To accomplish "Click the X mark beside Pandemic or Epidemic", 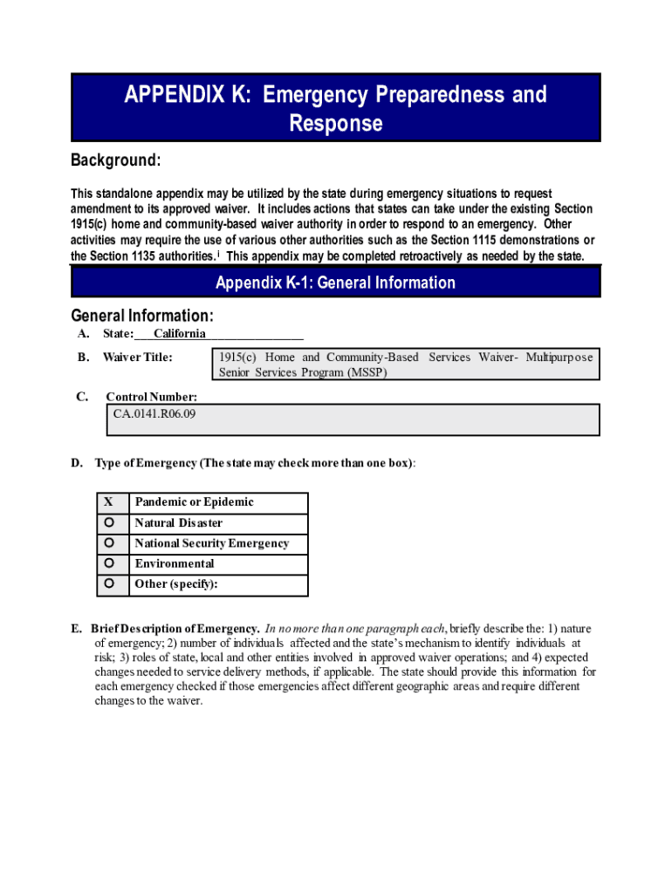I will (x=108, y=502).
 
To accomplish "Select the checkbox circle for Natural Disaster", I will (x=109, y=522).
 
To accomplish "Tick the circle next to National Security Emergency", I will (x=109, y=542).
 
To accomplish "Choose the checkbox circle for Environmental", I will (x=109, y=563).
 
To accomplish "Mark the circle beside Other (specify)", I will (x=109, y=583).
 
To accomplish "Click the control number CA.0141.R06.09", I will (x=154, y=413).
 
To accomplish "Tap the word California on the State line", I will (x=180, y=334).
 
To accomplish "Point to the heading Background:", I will (x=116, y=161).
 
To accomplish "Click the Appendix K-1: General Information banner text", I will (x=335, y=283).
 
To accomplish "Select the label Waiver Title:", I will (x=137, y=357).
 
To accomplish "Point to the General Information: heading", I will (x=141, y=316).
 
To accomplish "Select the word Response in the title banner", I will (x=335, y=124).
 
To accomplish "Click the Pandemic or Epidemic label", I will (x=194, y=502).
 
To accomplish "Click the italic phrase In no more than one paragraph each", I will (x=355, y=629).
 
